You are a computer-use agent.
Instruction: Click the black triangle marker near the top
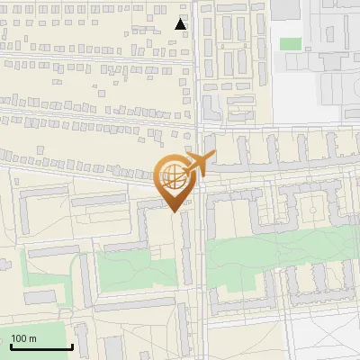click(x=181, y=24)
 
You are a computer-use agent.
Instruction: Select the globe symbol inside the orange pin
click(x=174, y=178)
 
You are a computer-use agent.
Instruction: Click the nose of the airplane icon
click(x=211, y=157)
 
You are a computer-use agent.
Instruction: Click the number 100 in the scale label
click(x=20, y=338)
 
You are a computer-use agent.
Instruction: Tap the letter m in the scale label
click(x=34, y=338)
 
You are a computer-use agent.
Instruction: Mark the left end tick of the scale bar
click(x=10, y=346)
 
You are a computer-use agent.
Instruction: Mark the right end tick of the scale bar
click(x=73, y=346)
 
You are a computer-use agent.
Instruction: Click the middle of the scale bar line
click(x=41, y=347)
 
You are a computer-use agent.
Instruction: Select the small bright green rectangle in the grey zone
click(x=290, y=43)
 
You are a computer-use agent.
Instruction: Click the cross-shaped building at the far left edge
click(x=3, y=264)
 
